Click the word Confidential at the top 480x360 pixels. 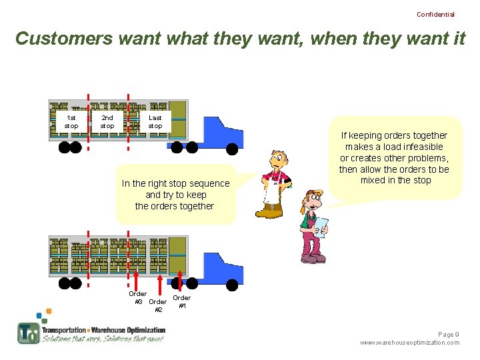[x=435, y=14]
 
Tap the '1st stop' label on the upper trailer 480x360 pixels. [x=71, y=121]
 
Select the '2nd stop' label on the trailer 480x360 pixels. [x=107, y=121]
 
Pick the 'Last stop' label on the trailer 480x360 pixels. [x=155, y=121]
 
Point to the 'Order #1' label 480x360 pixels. [x=181, y=301]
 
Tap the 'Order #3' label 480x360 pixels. [x=137, y=297]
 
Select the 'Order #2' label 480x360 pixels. [x=158, y=305]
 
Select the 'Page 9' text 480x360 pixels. [x=448, y=334]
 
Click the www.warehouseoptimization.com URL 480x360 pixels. [x=409, y=343]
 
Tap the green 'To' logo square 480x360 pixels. [x=28, y=333]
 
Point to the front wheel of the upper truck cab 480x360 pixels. [x=232, y=148]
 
